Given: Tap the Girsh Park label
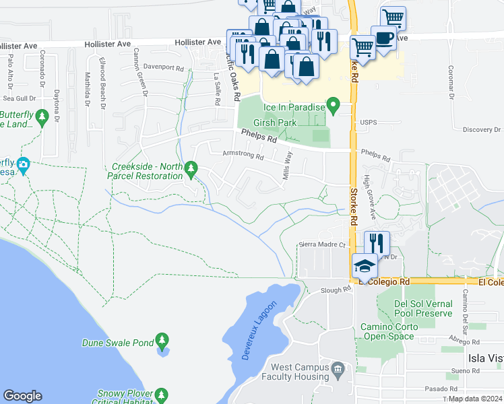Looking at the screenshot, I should tap(275, 123).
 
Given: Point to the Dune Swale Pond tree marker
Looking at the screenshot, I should tap(162, 340).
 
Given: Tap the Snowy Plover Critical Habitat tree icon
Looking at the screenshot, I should tap(161, 395).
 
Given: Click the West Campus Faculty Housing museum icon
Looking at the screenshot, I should tap(337, 368).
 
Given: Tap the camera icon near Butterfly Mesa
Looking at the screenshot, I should tap(24, 164).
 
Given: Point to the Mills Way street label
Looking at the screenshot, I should tap(288, 164).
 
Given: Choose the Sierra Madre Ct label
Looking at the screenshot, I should tap(321, 245).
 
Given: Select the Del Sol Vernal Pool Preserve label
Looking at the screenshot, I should tap(423, 308).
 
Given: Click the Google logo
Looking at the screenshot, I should tap(23, 396).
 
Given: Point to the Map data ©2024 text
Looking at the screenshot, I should tap(475, 399).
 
